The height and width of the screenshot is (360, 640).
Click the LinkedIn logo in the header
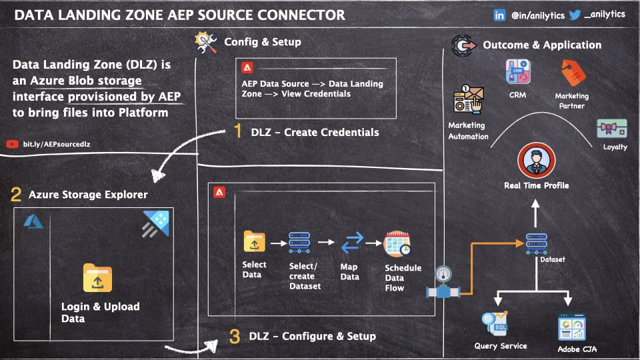pos(499,15)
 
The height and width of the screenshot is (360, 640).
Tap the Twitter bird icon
pos(574,15)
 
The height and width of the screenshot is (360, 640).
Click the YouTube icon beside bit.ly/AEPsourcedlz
pos(12,143)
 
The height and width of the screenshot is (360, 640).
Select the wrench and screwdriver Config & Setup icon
pos(205,43)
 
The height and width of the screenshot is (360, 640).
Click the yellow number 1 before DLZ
pos(238,132)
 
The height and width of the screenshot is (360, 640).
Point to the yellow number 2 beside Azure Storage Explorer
pos(16,195)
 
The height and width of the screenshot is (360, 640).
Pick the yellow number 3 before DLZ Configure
pos(234,337)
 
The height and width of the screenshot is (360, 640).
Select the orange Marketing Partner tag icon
pos(571,74)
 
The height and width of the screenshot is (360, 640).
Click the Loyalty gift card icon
pos(613,128)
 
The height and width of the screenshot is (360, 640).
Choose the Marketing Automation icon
pos(467,101)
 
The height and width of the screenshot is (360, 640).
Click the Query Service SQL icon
pos(496,325)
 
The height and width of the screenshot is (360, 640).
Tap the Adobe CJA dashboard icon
pos(571,327)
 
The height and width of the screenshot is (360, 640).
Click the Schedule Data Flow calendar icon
pos(397,245)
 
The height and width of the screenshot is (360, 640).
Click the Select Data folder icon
pos(254,241)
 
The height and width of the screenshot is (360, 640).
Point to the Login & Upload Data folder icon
pos(97,278)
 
